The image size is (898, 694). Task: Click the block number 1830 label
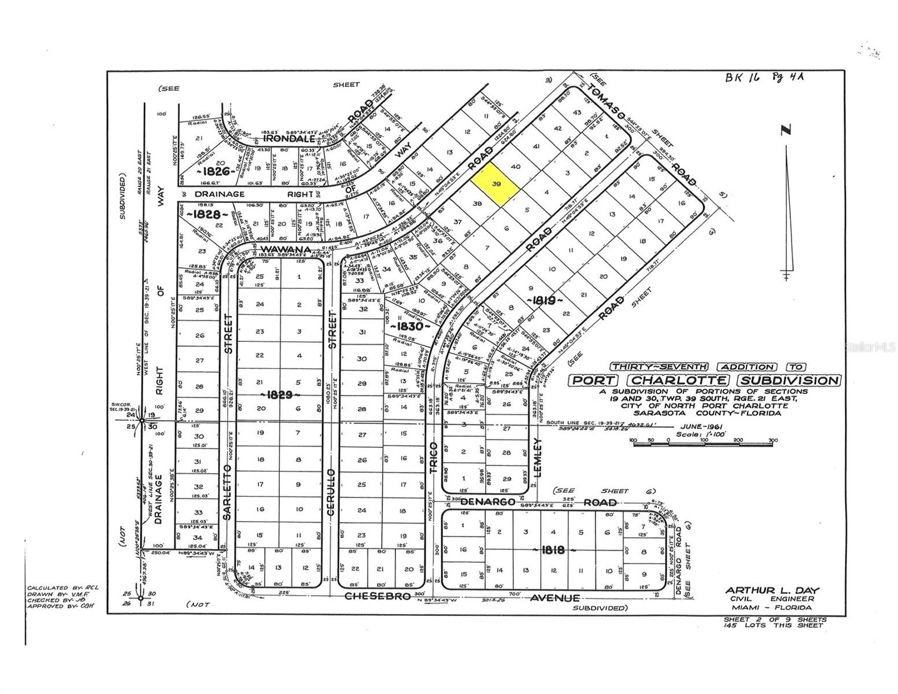[410, 326]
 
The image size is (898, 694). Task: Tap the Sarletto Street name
[228, 334]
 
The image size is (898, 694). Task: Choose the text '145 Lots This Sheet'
[774, 625]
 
